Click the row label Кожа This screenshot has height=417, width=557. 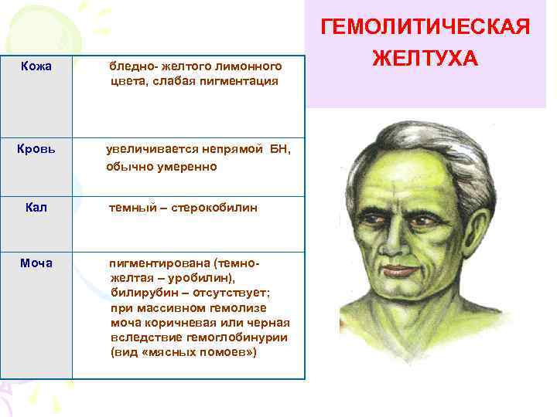pos(36,66)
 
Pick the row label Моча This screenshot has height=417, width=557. pos(36,263)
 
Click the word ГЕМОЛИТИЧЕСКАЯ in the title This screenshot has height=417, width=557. pos(426,28)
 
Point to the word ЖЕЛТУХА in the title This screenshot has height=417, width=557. pos(426,59)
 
